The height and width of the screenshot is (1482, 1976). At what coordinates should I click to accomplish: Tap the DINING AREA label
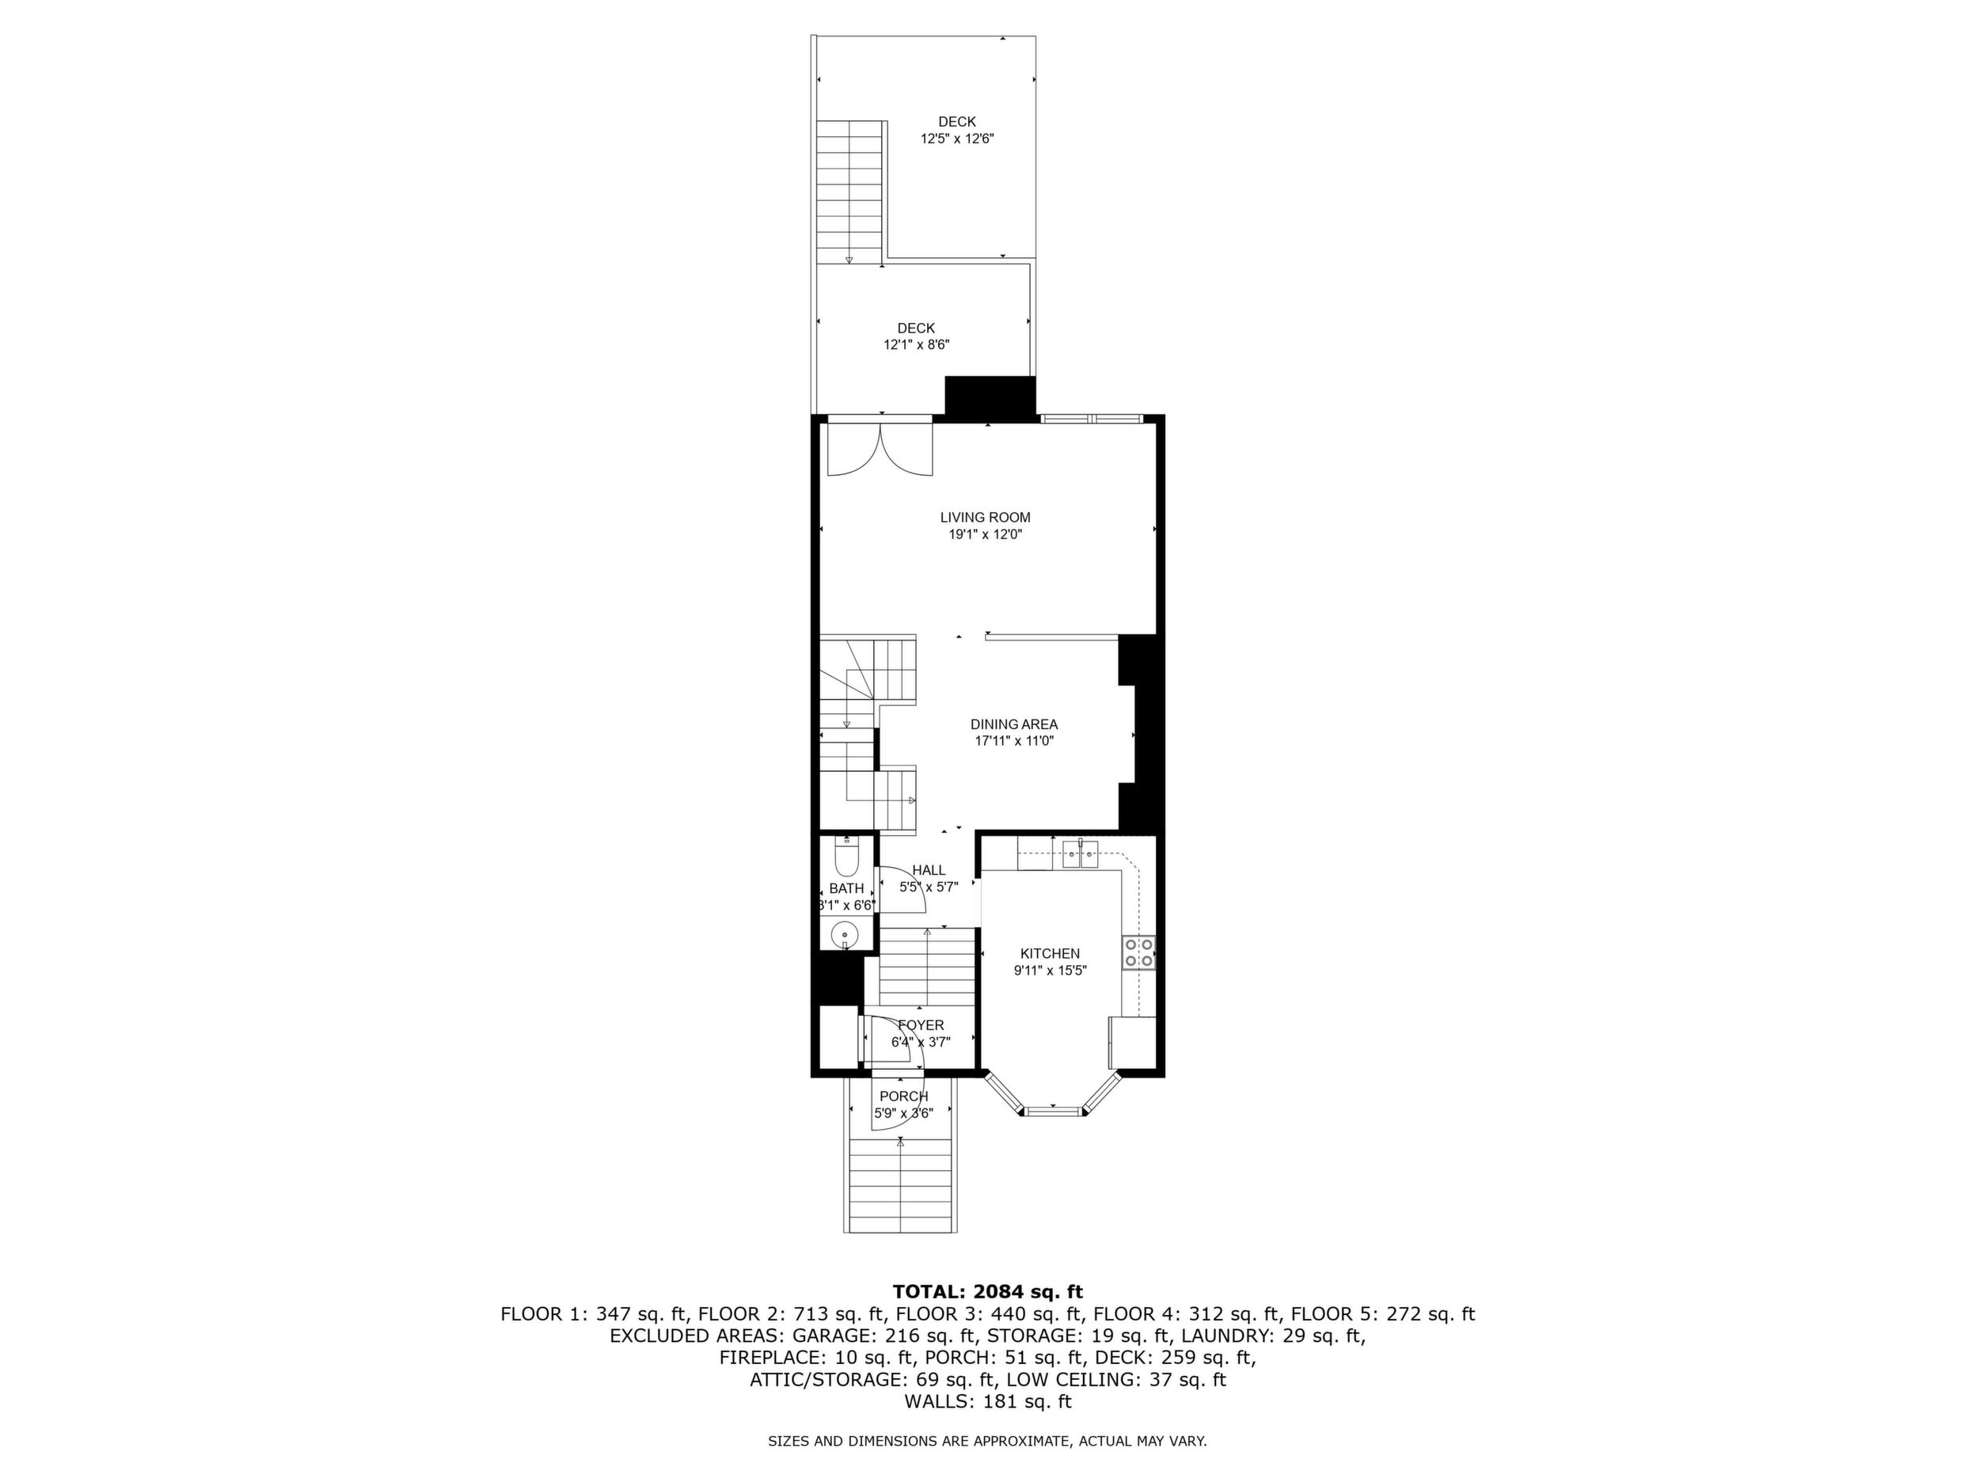[x=1014, y=724]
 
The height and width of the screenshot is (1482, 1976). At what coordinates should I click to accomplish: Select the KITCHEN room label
[x=1050, y=954]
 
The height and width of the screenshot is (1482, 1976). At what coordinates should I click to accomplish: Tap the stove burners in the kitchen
[x=1139, y=952]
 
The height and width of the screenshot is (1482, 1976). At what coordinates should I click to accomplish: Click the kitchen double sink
[x=1080, y=854]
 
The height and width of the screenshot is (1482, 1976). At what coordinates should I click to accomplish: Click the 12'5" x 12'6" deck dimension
[x=957, y=139]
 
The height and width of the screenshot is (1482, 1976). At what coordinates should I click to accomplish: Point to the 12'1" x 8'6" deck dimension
[x=916, y=345]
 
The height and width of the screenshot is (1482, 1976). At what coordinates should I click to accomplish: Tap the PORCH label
[x=903, y=1096]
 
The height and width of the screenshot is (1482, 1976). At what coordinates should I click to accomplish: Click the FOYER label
[x=920, y=1025]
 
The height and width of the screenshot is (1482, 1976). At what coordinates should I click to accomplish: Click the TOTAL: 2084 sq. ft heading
[x=987, y=1292]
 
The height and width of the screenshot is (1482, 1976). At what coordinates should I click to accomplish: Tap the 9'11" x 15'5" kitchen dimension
[x=1050, y=971]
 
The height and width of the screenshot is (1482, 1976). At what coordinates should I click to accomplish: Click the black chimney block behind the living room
[x=990, y=397]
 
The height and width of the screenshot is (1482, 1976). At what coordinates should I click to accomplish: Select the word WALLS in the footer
[x=937, y=1401]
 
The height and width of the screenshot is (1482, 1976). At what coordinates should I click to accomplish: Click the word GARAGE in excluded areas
[x=833, y=1336]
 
